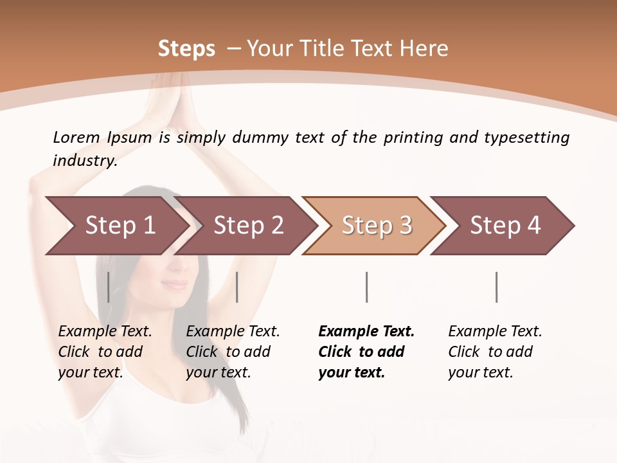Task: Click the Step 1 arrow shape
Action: pyautogui.click(x=116, y=226)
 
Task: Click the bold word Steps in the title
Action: pyautogui.click(x=186, y=49)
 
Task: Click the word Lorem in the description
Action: pyautogui.click(x=76, y=137)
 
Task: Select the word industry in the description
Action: pyautogui.click(x=84, y=161)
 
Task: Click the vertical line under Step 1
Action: pyautogui.click(x=109, y=287)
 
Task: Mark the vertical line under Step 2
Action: pyautogui.click(x=237, y=287)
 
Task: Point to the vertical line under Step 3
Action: pyautogui.click(x=366, y=287)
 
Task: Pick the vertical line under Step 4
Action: pyautogui.click(x=496, y=287)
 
